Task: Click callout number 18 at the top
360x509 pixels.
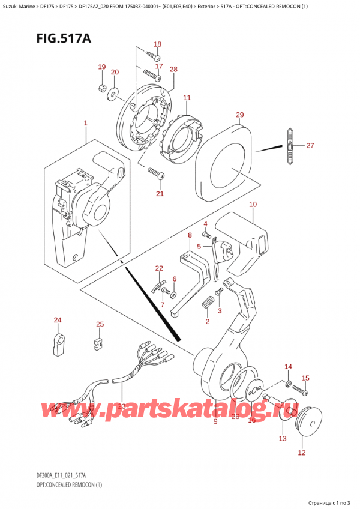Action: pos(157,44)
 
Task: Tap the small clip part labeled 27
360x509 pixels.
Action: pos(290,146)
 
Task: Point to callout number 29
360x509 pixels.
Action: pos(240,115)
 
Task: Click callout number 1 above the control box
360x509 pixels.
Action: pos(86,123)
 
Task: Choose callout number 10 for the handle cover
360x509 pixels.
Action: pos(253,205)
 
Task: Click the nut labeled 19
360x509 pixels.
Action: pos(101,90)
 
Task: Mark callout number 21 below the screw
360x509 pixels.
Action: pos(160,193)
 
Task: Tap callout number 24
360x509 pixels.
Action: pos(58,320)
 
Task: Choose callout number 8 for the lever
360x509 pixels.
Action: pos(190,235)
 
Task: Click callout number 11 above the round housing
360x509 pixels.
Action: pos(187,98)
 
